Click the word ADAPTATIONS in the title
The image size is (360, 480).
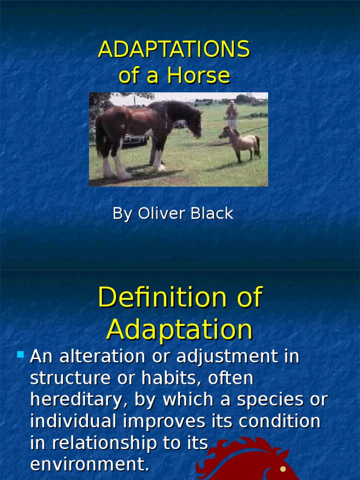(174, 50)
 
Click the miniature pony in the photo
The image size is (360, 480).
(241, 142)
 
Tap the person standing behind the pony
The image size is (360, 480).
(232, 115)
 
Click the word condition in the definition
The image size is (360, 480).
(279, 421)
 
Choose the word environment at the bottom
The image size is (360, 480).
(90, 464)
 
